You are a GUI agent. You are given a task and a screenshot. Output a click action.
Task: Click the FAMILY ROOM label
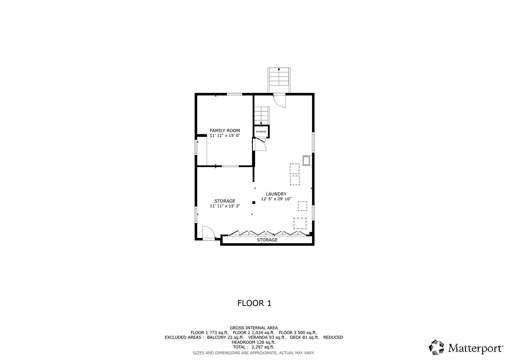coord(225,131)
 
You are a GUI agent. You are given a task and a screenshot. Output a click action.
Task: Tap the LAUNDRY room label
coord(276,194)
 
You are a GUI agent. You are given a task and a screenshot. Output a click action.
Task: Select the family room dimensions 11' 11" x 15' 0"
coord(225,135)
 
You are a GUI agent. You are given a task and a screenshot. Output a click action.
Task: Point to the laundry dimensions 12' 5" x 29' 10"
coord(276,199)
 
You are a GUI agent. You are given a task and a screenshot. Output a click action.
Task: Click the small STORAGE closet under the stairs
coord(261,132)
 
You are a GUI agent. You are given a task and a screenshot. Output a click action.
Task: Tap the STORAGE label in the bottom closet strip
coord(267,240)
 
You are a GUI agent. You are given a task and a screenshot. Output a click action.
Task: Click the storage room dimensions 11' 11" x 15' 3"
coord(225,206)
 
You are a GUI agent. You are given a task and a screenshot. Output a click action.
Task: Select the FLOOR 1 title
coord(254,303)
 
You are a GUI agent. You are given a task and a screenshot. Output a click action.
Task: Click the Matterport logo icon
coord(436,347)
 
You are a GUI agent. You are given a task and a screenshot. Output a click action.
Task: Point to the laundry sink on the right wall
coord(307,161)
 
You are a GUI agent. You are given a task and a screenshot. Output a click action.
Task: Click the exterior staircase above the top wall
coord(279,80)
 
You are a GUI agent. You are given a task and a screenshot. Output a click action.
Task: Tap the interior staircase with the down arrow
coord(261,116)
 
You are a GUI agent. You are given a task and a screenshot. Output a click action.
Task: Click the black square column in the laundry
coord(254,203)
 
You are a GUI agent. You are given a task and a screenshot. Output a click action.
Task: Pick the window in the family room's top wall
coord(234,94)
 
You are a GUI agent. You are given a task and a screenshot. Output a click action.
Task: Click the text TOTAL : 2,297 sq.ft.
coord(254,347)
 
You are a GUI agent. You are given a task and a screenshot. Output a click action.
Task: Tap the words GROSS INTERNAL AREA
coord(254,328)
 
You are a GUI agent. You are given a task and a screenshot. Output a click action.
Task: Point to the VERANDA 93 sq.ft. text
coord(267,337)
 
